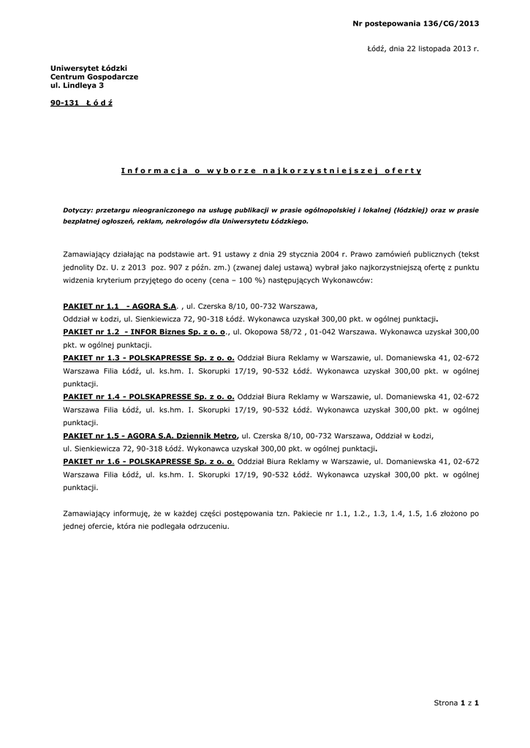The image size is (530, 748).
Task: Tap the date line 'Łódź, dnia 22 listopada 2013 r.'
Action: [x=423, y=48]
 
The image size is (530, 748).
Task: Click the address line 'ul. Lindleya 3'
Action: [x=77, y=85]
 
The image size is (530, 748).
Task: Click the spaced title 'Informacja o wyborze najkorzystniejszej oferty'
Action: [x=271, y=170]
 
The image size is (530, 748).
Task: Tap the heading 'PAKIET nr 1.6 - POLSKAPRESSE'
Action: [x=149, y=461]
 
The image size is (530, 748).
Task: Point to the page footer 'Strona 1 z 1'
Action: [x=456, y=703]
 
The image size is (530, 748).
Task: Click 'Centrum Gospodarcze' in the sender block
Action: [x=94, y=77]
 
